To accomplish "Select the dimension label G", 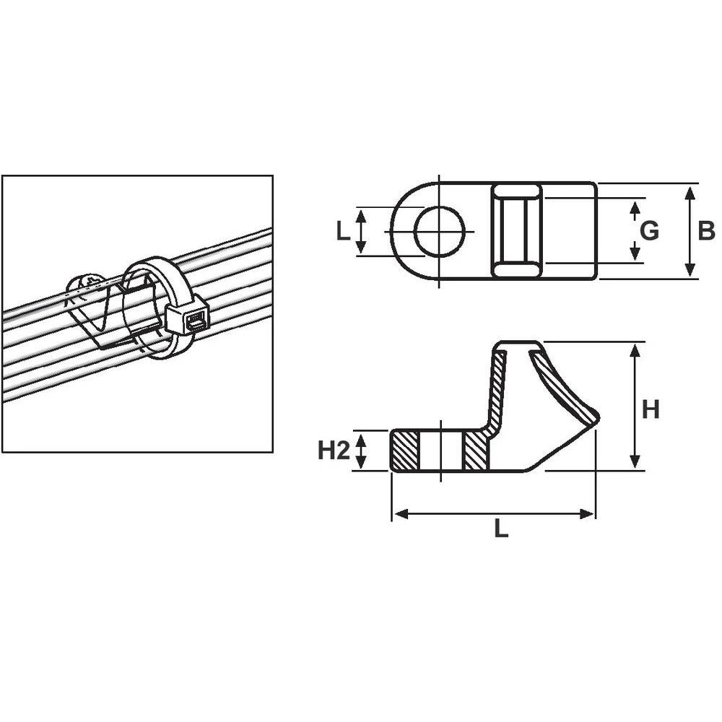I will point(649,230).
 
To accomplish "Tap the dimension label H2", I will point(334,451).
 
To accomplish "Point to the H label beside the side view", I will point(651,409).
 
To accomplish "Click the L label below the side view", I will point(500,529).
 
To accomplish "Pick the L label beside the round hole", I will point(343,230).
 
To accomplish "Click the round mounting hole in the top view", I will point(440,231).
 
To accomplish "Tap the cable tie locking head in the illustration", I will point(187,318).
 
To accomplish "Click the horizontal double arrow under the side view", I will point(493,513).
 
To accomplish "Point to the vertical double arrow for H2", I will point(362,451).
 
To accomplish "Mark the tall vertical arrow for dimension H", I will point(635,406).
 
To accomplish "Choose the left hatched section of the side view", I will point(404,451).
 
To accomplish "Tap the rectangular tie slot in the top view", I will point(516,230).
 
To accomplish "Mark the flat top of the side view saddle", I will point(516,344).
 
